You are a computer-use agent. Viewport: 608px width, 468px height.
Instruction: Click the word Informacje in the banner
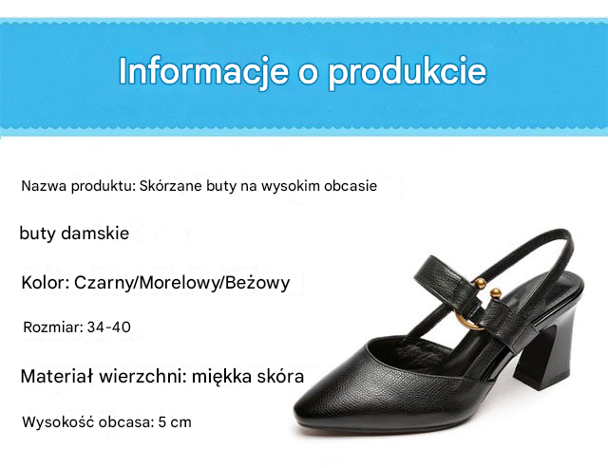click(x=203, y=70)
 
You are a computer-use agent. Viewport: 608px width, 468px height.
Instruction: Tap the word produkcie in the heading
click(x=407, y=72)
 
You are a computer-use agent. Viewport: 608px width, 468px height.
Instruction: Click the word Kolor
click(x=45, y=283)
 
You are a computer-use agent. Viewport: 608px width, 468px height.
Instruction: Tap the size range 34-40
click(x=109, y=327)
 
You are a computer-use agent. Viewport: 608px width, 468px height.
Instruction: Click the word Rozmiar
click(x=53, y=327)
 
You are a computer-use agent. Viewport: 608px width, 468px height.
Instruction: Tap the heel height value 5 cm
click(x=175, y=421)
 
